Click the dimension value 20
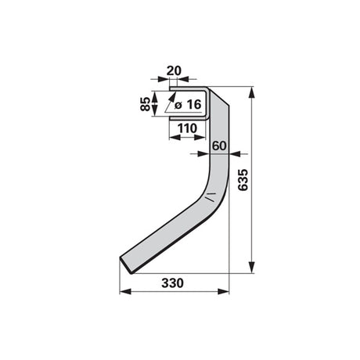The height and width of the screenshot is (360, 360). click(174, 70)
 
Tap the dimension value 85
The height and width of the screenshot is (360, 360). click(146, 104)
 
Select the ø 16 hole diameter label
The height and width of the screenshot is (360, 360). click(188, 105)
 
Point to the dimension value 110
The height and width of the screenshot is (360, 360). click(187, 128)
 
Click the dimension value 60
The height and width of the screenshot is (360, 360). click(219, 146)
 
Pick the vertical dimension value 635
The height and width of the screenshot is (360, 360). click(243, 180)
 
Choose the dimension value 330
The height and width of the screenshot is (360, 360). click(172, 283)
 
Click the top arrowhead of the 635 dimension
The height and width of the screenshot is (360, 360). click(251, 92)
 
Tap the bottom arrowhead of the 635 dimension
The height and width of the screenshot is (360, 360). click(251, 267)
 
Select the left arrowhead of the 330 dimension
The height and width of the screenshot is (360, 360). click(125, 291)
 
